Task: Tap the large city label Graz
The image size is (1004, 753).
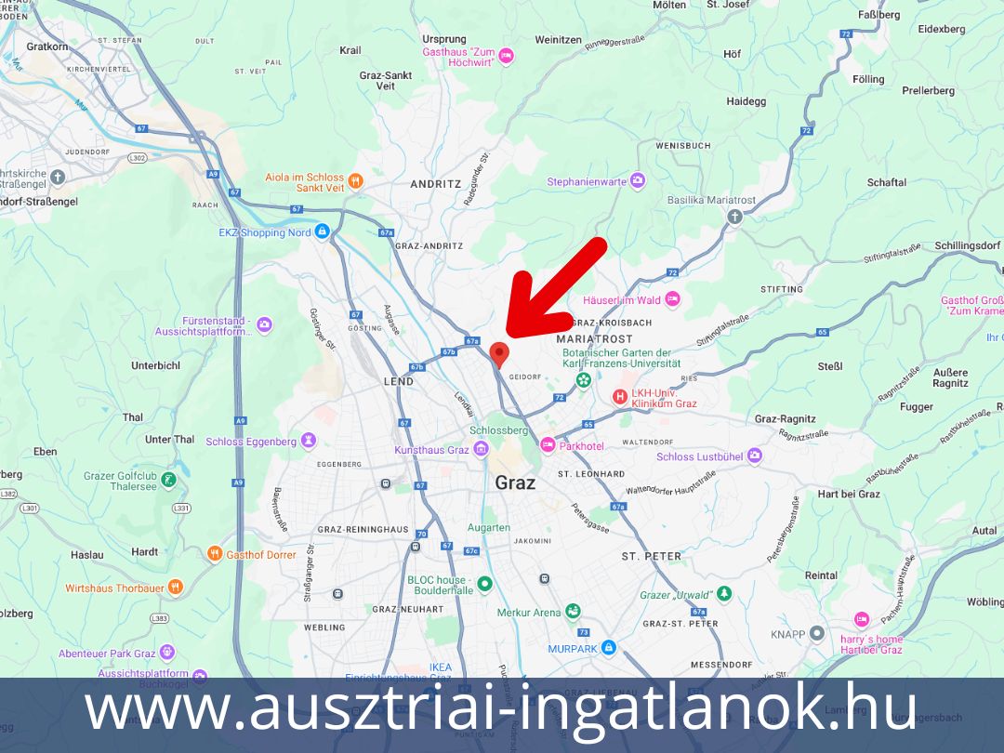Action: pyautogui.click(x=515, y=482)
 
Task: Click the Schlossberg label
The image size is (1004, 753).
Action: pyautogui.click(x=499, y=431)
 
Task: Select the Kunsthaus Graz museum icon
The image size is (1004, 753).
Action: pyautogui.click(x=481, y=450)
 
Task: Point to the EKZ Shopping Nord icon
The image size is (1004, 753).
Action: pyautogui.click(x=322, y=231)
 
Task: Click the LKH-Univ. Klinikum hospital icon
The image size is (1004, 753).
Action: pyautogui.click(x=620, y=397)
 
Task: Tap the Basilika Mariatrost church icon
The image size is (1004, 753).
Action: pyautogui.click(x=734, y=217)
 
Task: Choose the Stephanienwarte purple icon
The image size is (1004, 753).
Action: pyautogui.click(x=637, y=181)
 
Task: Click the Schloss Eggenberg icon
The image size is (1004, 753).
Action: pyautogui.click(x=309, y=441)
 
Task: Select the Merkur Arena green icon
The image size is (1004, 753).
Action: pyautogui.click(x=573, y=611)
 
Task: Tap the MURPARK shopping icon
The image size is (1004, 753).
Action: pyautogui.click(x=608, y=647)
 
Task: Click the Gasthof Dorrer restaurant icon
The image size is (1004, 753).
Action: pyautogui.click(x=215, y=554)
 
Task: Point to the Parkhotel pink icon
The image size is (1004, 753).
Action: pyautogui.click(x=548, y=445)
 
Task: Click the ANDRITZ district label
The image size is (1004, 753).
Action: pyautogui.click(x=436, y=184)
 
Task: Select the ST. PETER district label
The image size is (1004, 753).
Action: pyautogui.click(x=651, y=556)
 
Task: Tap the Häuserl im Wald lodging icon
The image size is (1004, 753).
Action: pyautogui.click(x=672, y=299)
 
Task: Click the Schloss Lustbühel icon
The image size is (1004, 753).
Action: pyautogui.click(x=754, y=456)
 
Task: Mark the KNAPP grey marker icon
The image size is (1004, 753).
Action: pyautogui.click(x=817, y=633)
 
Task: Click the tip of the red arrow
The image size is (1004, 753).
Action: pyautogui.click(x=508, y=335)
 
